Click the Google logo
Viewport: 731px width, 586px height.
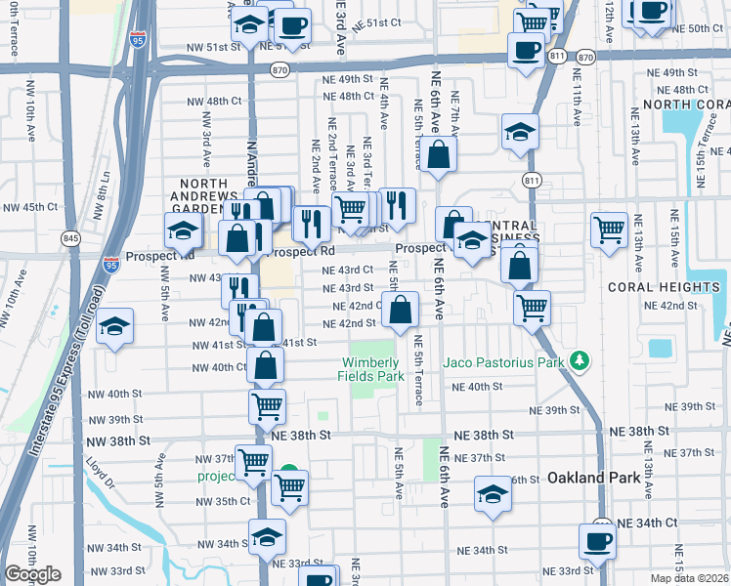coord(33,574)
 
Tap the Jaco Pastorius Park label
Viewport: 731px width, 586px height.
coord(504,362)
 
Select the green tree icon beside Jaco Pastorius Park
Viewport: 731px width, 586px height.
coord(580,361)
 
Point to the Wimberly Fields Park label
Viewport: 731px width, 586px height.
coord(371,369)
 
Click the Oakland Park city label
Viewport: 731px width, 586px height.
coord(594,478)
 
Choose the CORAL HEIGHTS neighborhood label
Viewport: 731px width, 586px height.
coord(663,287)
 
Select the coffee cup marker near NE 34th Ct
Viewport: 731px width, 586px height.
coord(597,541)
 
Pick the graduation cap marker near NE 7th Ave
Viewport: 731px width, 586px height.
coord(520,131)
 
